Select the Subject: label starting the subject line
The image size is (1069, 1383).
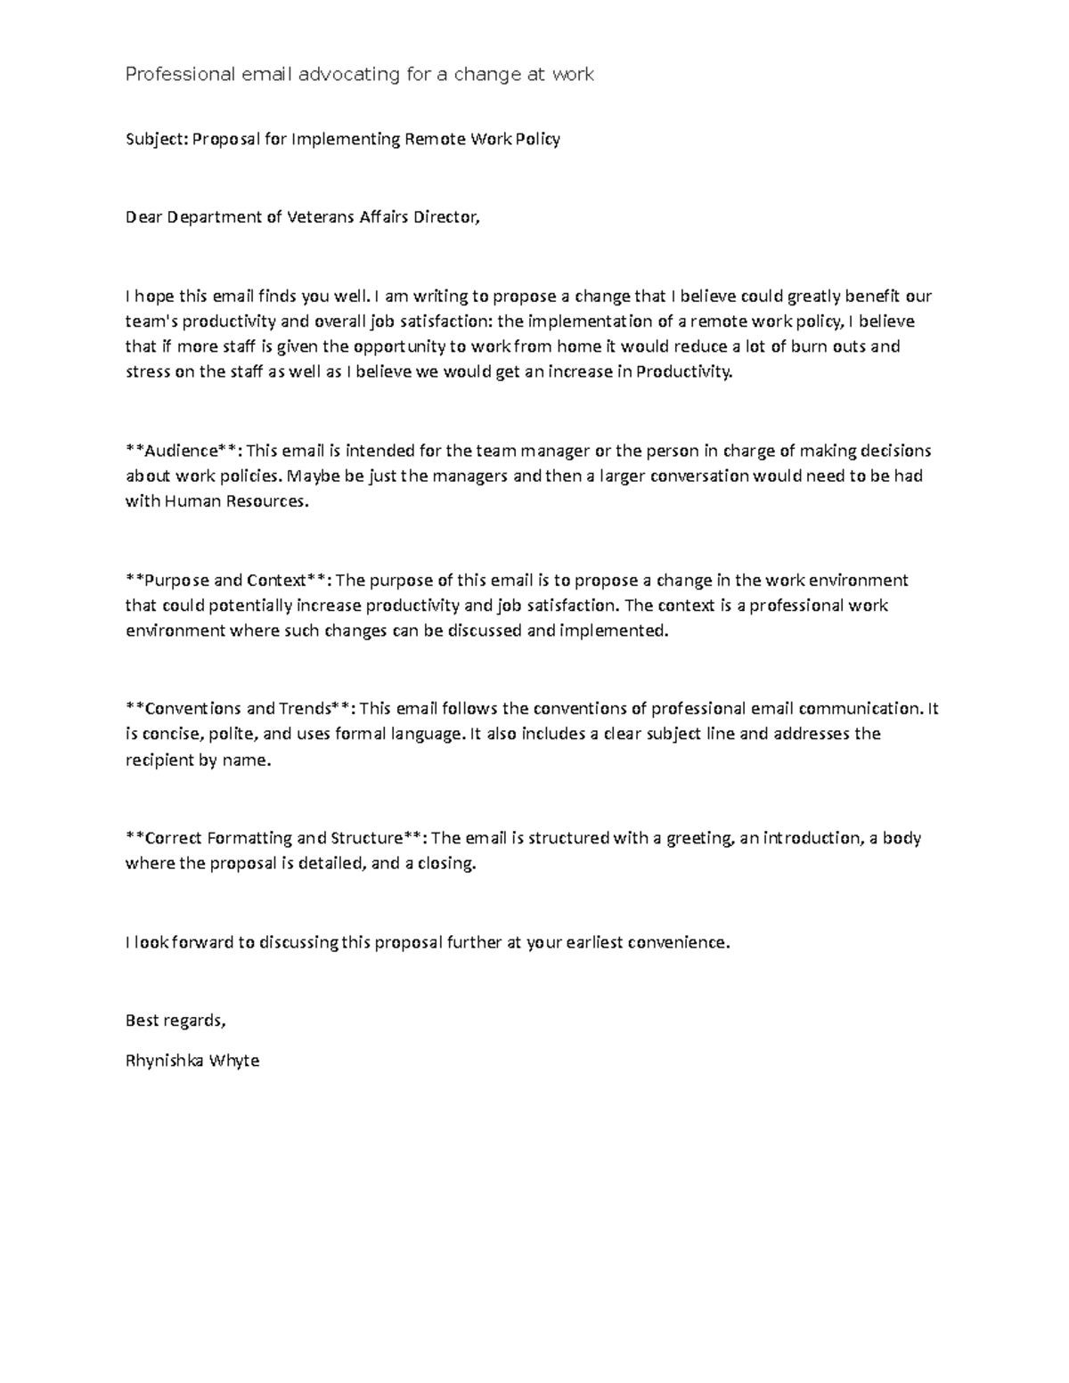pyautogui.click(x=157, y=140)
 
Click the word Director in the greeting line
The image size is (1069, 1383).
pyautogui.click(x=444, y=217)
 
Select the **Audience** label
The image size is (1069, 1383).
pyautogui.click(x=184, y=451)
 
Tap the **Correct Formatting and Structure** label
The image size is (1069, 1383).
pyautogui.click(x=276, y=838)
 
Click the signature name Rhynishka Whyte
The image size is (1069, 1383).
pyautogui.click(x=192, y=1061)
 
